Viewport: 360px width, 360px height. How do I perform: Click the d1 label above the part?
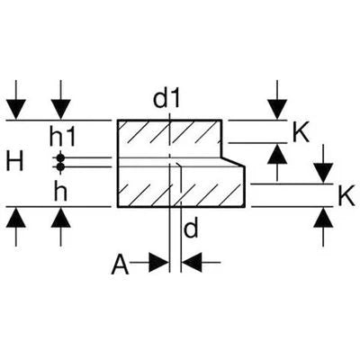166,99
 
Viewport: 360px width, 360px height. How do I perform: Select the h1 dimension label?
62,138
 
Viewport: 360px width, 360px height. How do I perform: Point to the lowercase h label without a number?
60,192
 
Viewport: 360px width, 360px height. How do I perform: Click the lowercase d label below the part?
191,229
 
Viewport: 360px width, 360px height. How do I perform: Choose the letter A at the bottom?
120,265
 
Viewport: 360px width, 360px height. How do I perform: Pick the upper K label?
301,134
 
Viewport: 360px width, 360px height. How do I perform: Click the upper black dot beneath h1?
60,157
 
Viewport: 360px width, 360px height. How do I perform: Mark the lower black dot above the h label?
60,166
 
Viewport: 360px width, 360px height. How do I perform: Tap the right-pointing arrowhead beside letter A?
158,263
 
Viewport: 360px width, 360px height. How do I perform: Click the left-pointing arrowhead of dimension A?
192,263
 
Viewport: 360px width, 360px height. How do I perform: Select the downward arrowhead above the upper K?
277,110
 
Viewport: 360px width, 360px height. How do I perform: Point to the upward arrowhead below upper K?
277,154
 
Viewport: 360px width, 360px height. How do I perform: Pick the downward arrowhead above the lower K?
323,173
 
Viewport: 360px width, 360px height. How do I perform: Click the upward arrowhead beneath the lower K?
323,217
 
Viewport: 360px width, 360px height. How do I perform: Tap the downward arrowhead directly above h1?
61,110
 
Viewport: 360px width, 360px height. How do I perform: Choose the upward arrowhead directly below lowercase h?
61,217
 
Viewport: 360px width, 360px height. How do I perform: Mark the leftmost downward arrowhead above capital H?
16,110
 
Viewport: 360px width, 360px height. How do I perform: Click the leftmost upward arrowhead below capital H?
16,217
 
